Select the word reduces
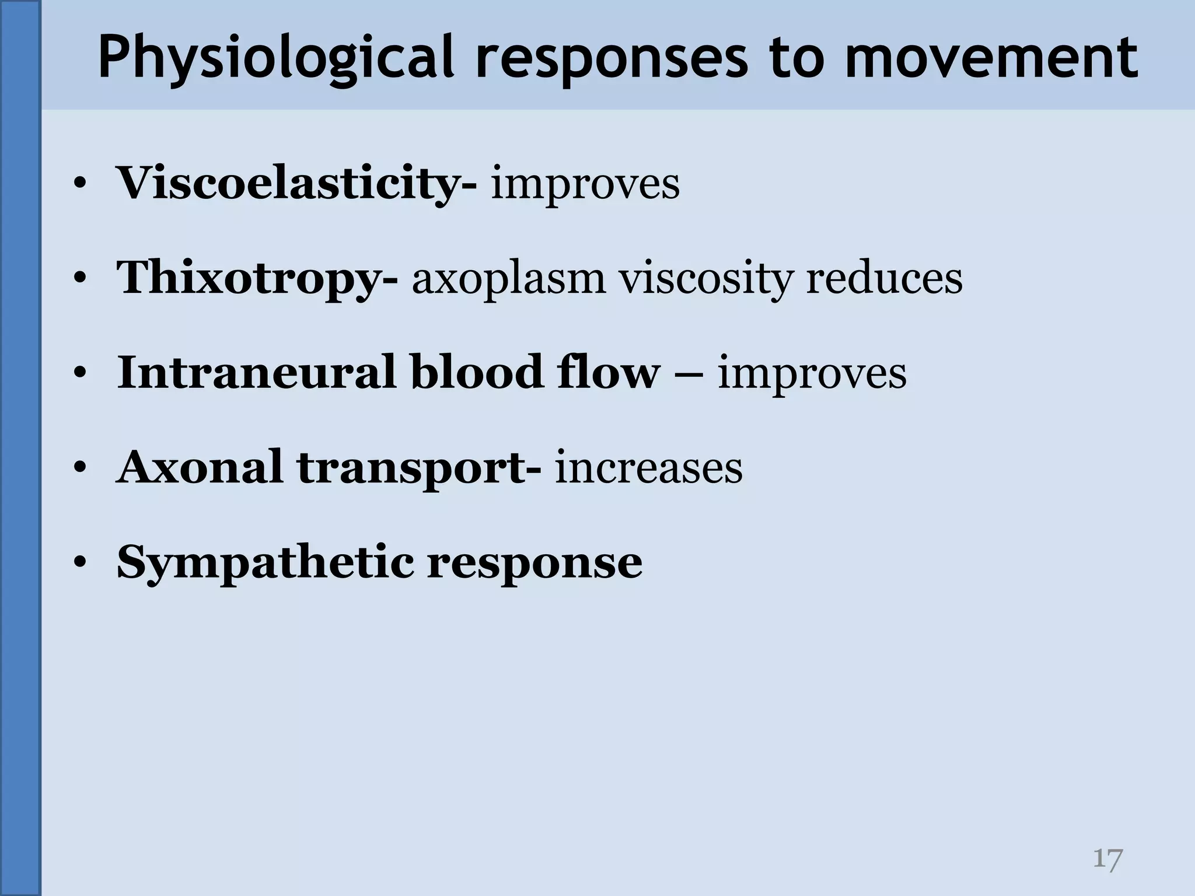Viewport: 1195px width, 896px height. point(884,278)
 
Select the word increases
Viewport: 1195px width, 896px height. point(648,468)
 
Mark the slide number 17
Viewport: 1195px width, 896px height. point(1107,859)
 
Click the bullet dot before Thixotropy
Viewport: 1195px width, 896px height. point(81,278)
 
